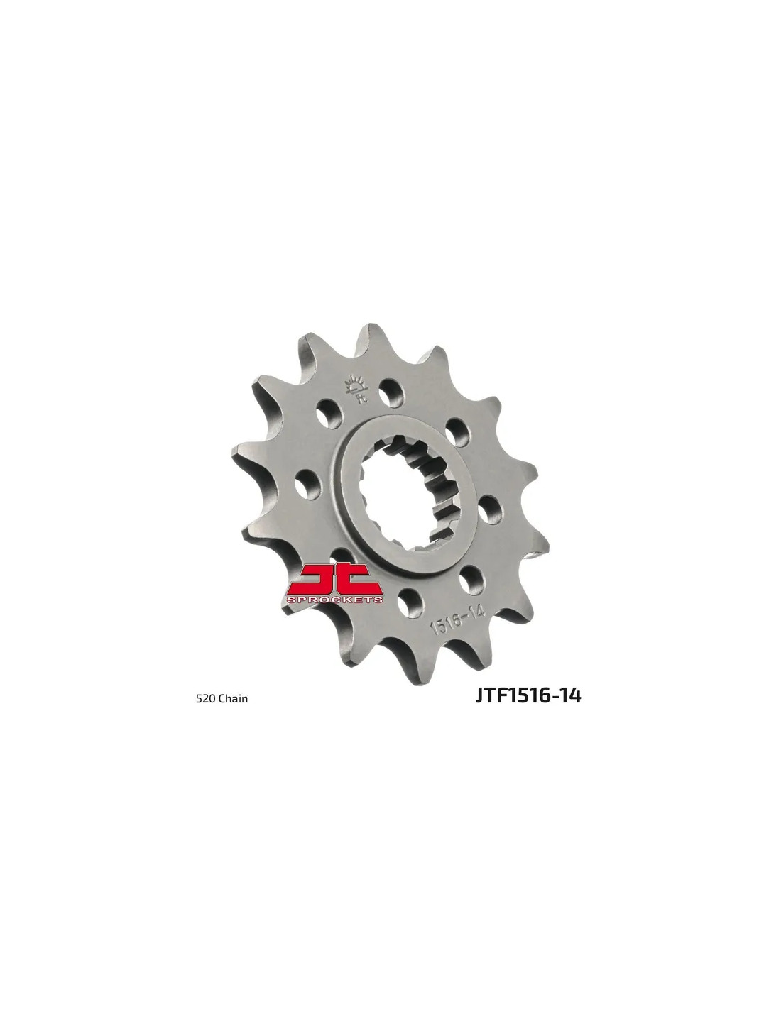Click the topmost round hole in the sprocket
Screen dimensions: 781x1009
click(x=390, y=397)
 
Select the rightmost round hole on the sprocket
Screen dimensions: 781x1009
click(x=490, y=510)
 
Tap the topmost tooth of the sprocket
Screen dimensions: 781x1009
click(x=367, y=334)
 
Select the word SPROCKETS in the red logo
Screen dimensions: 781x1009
click(x=335, y=599)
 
